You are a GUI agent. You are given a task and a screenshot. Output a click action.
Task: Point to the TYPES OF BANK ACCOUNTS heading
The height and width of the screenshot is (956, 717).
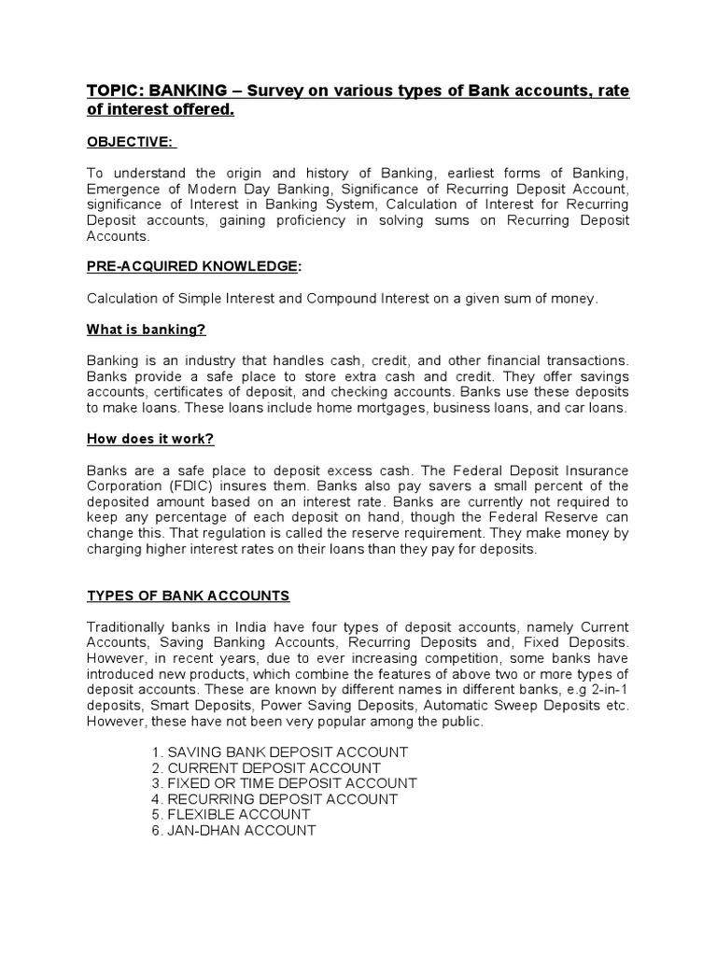pos(188,596)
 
